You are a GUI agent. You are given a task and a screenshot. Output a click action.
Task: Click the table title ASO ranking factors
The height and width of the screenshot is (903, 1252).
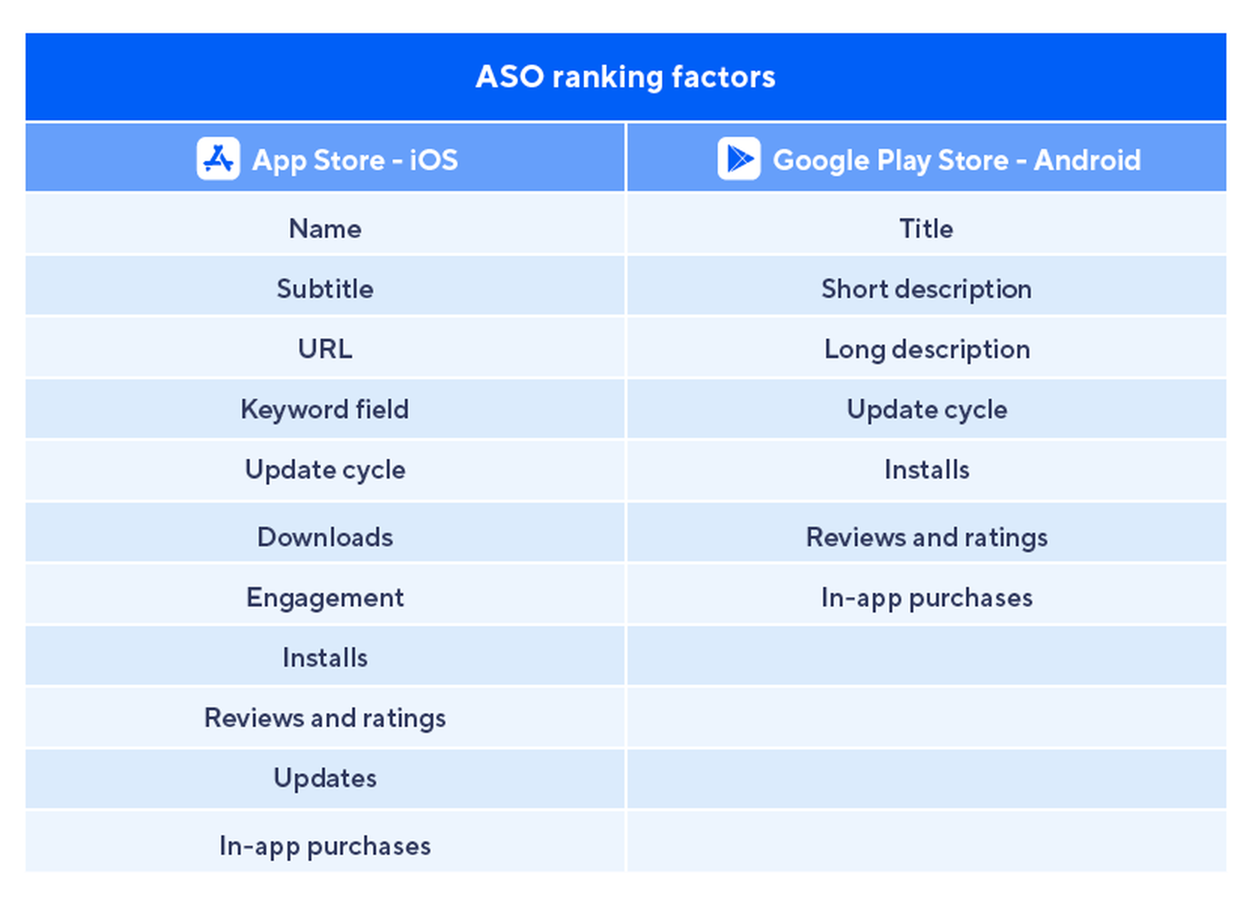626,77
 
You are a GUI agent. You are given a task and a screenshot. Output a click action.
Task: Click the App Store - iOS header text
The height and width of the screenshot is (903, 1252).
355,160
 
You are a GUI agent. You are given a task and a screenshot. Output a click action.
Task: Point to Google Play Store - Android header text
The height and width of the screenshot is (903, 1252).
957,160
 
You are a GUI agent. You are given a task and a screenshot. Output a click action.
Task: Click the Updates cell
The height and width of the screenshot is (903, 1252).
325,779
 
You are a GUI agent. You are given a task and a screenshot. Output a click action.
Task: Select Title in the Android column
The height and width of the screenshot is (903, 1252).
926,229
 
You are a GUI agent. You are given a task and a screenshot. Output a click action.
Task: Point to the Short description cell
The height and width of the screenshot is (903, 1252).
927,289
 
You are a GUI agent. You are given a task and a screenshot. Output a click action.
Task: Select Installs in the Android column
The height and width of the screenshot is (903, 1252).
927,470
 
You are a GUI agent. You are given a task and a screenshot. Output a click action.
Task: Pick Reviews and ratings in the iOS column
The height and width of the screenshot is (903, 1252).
325,719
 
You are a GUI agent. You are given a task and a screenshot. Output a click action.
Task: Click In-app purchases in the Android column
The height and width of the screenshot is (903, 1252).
927,598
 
